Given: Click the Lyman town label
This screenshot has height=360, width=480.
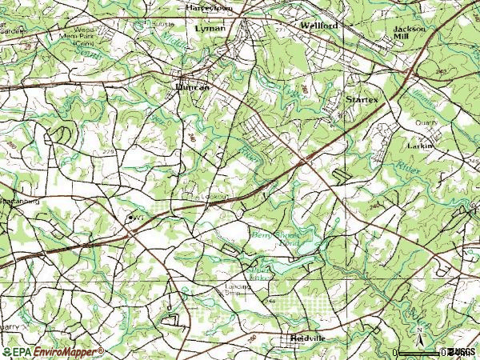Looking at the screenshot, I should coord(210,28).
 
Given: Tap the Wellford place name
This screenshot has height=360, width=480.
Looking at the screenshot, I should coord(319,26).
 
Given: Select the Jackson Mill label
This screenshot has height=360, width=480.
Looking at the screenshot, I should coord(409,32).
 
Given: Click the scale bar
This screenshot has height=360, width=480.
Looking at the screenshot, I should coord(422,352).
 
